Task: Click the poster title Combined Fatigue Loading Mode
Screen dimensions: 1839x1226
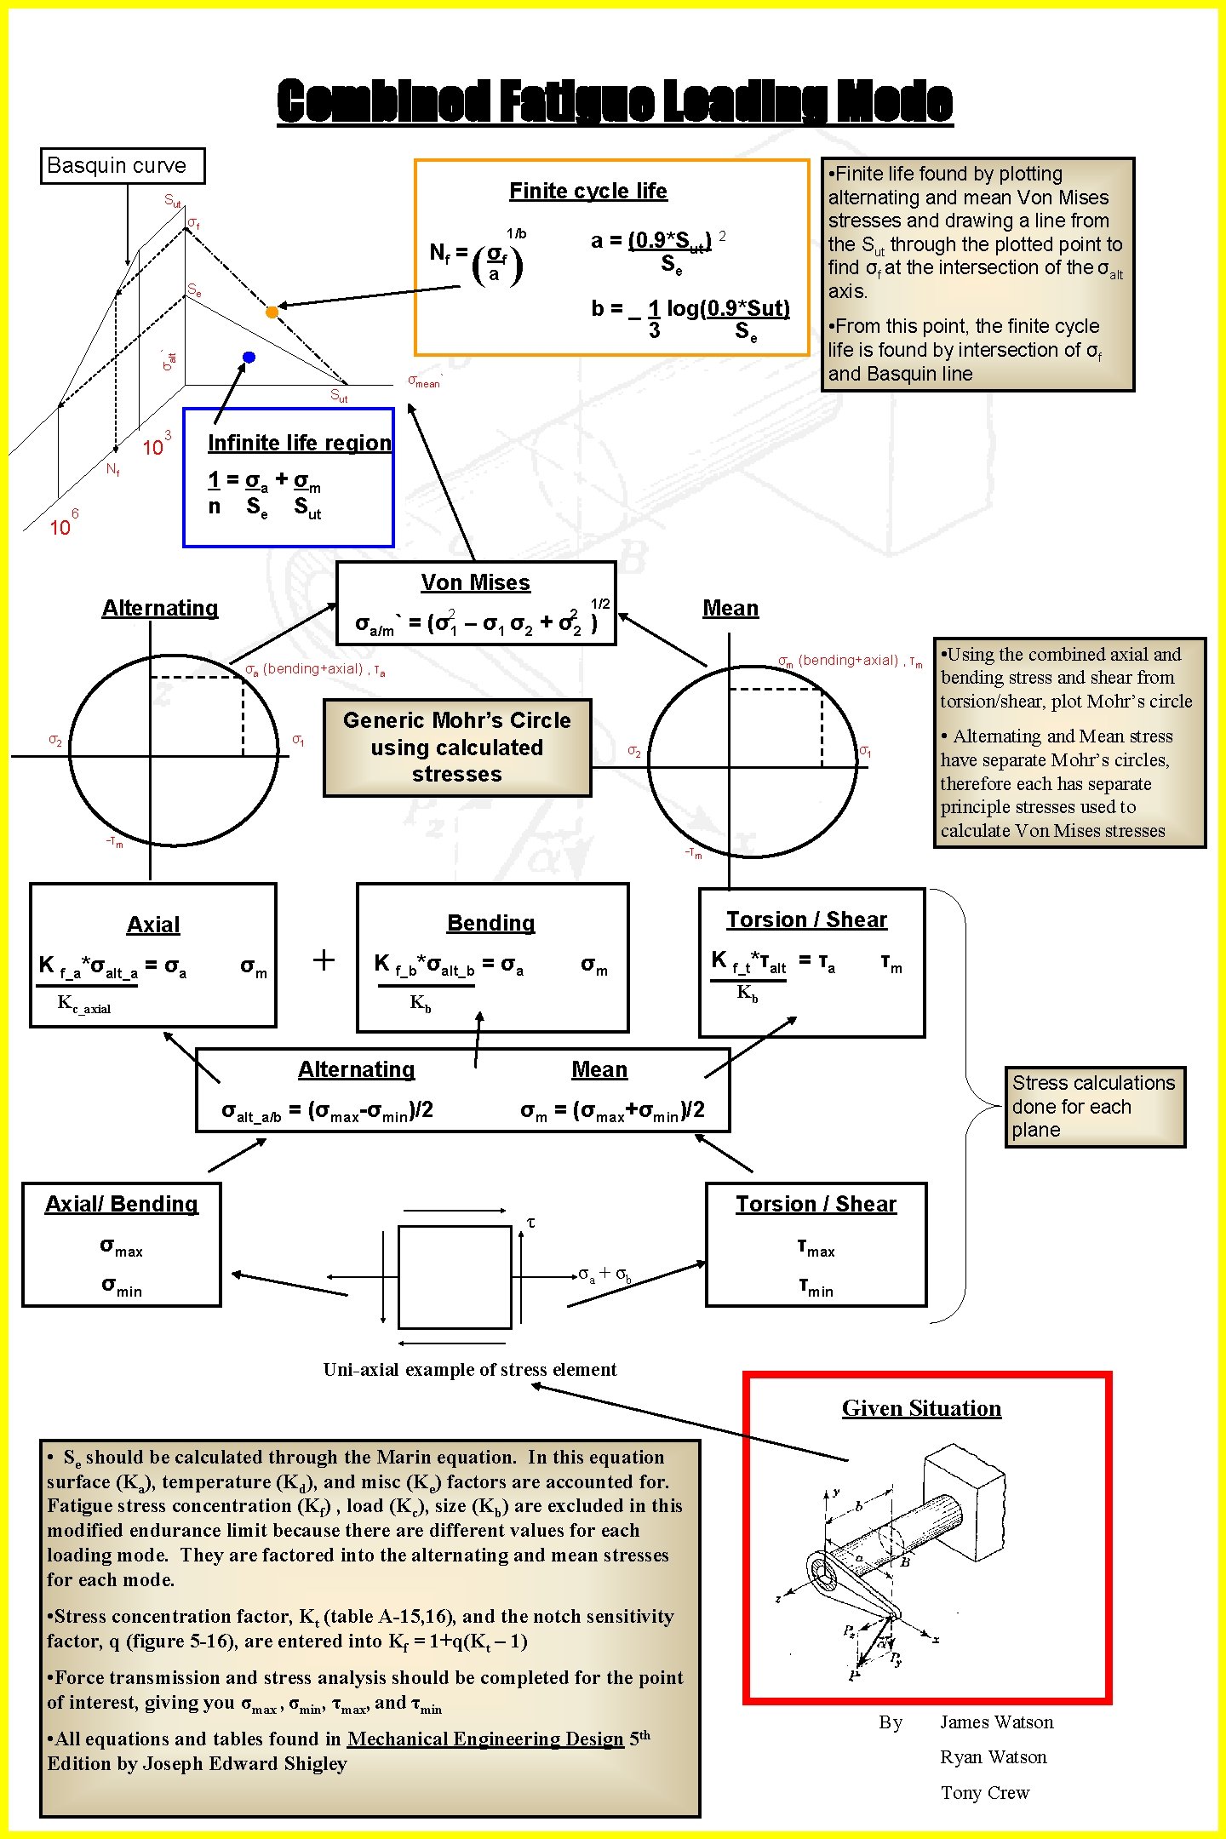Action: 614,101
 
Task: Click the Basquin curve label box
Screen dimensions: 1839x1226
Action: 123,165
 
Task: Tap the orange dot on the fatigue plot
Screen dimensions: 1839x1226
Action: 272,312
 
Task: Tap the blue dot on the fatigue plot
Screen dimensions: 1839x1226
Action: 249,357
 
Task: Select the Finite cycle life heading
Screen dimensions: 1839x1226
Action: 587,191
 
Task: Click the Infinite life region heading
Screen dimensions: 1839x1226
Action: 300,443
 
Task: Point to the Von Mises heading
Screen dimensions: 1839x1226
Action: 475,582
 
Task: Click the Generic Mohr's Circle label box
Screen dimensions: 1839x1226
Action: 457,748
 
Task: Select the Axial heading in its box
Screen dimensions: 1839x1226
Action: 153,925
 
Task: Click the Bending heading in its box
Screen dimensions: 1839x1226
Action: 491,923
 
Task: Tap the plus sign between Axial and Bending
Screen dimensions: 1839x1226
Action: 324,960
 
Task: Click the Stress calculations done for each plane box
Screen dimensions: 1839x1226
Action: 1094,1106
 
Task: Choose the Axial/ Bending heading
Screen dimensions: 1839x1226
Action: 122,1204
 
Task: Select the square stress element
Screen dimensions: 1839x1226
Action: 455,1276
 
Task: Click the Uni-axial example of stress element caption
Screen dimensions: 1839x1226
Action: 469,1369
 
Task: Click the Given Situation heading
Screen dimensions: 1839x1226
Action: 921,1408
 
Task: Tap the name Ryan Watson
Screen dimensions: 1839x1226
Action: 993,1756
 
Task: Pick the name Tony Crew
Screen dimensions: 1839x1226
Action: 984,1792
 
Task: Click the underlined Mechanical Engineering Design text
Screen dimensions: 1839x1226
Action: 485,1739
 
